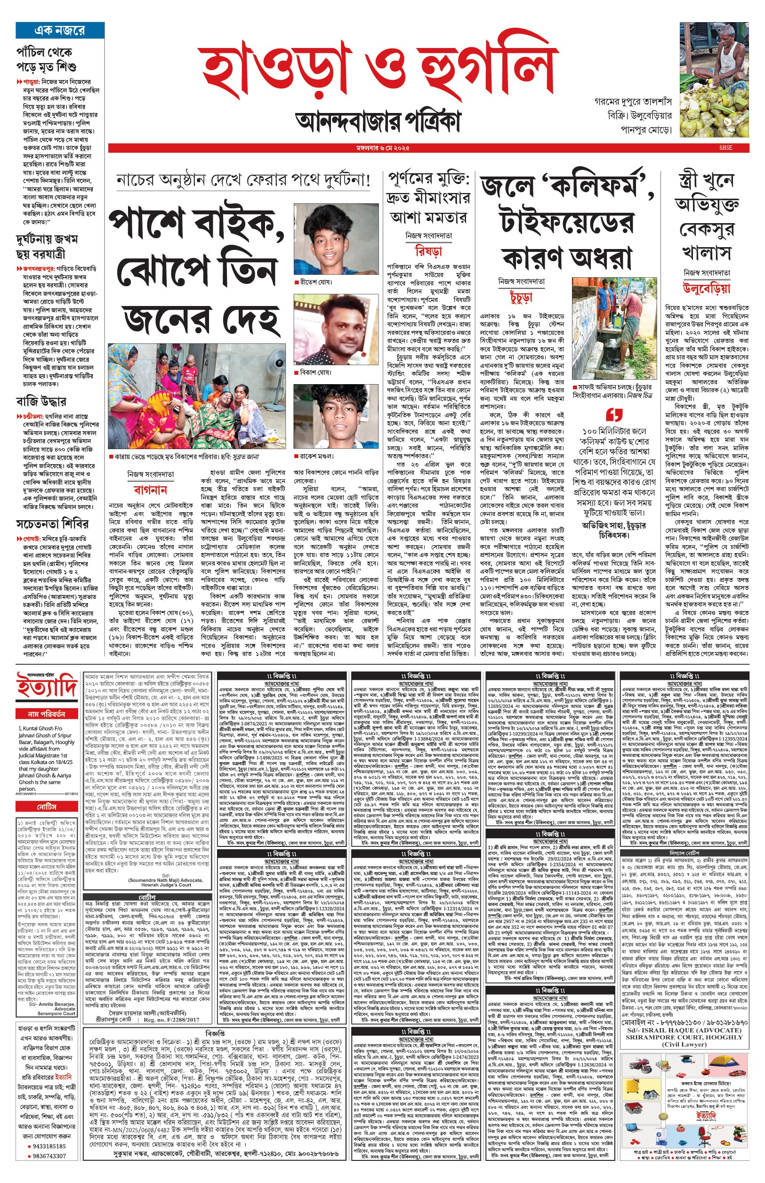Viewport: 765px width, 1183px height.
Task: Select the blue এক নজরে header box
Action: [x=60, y=30]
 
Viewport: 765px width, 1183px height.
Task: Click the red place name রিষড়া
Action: [x=428, y=250]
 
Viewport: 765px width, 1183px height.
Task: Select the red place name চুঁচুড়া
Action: [x=521, y=297]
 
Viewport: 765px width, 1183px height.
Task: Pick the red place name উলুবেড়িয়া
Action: [x=706, y=288]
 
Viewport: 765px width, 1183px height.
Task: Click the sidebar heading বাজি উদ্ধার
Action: [x=41, y=401]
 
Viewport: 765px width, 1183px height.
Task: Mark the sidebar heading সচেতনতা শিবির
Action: [x=52, y=524]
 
